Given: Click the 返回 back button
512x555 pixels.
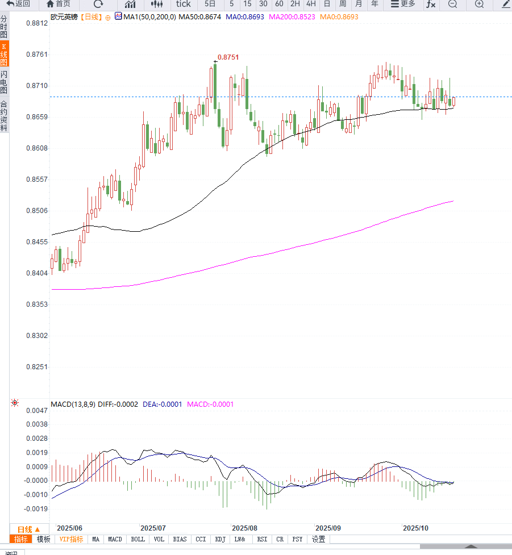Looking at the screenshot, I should click(19, 4).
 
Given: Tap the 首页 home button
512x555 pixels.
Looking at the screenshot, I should click(59, 4).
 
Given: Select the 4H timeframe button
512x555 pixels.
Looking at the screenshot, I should click(311, 4).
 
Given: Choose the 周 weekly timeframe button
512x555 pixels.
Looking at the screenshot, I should click(343, 4).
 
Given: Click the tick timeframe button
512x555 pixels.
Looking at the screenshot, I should click(183, 4).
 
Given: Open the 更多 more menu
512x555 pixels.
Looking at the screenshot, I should click(403, 4).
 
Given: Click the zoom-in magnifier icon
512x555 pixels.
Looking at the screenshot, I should click(479, 4).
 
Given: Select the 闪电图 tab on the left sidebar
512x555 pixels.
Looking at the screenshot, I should click(4, 82).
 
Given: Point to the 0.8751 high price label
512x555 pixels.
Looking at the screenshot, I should click(228, 57).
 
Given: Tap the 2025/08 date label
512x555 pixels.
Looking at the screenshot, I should click(245, 528).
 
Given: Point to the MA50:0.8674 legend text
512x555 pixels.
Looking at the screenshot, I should click(199, 17).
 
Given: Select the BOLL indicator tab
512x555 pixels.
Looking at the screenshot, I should click(138, 539).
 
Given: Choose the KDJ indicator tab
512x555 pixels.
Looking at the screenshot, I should click(220, 539).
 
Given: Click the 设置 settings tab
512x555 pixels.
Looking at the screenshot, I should click(319, 539).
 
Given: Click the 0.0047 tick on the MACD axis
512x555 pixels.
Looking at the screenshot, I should click(38, 410).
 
